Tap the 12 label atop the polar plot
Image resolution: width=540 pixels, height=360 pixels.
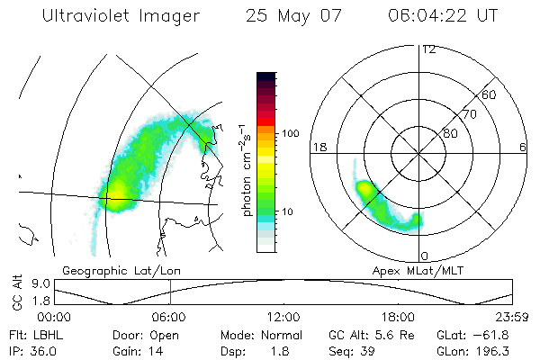click(428, 49)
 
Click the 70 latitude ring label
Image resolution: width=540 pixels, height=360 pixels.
click(469, 114)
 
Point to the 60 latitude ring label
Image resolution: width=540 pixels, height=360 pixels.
click(489, 94)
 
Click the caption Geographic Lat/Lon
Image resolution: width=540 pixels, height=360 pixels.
click(112, 270)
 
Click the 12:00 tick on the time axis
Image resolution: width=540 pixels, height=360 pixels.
click(283, 317)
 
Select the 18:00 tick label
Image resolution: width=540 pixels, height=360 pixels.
click(398, 317)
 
